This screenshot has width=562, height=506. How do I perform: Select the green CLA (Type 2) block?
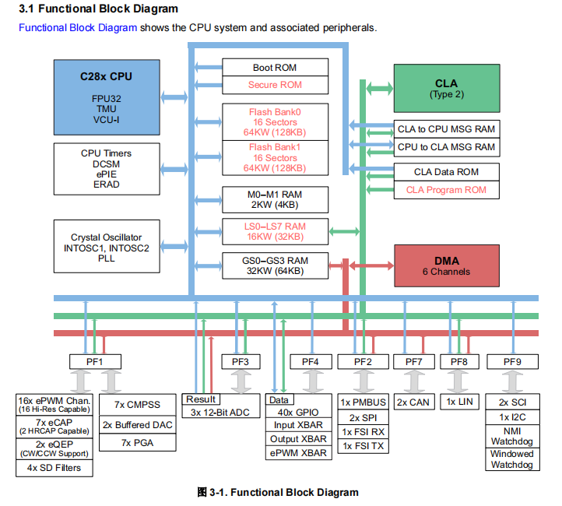[x=446, y=89]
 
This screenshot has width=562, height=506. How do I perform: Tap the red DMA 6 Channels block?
[x=446, y=265]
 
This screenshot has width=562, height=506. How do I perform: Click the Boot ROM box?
[x=274, y=68]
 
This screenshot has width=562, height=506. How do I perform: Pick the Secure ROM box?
[x=274, y=85]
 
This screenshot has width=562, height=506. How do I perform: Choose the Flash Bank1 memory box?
[x=274, y=157]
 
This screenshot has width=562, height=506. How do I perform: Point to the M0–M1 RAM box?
[x=274, y=200]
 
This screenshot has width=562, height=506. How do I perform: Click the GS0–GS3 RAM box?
[x=274, y=265]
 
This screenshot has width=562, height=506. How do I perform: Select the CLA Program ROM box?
[x=446, y=190]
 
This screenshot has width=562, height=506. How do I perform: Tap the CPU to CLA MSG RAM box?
[x=446, y=147]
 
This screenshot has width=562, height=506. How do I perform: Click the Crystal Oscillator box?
[x=106, y=247]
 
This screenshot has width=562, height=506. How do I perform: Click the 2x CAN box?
[x=413, y=402]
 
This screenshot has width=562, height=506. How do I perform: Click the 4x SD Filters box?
[x=54, y=469]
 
